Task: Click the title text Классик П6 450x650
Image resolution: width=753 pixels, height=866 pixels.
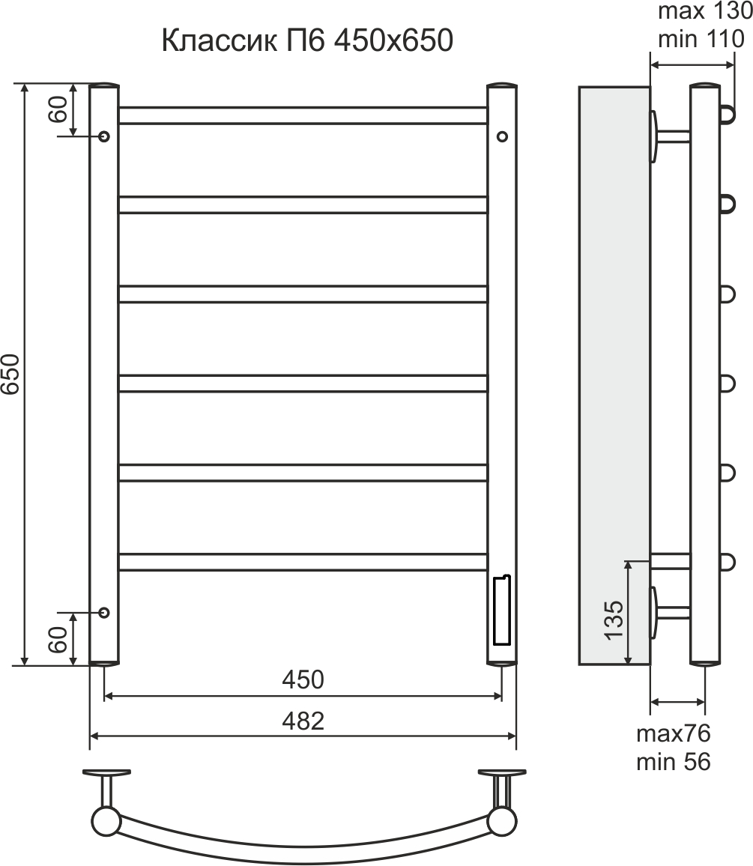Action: pyautogui.click(x=307, y=40)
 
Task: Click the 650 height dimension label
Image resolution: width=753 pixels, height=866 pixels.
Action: pyautogui.click(x=11, y=375)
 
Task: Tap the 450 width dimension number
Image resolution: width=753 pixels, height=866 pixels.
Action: pyautogui.click(x=303, y=679)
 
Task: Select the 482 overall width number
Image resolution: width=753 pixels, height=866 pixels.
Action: pyautogui.click(x=303, y=721)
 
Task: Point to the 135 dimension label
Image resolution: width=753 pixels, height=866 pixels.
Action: pyautogui.click(x=614, y=620)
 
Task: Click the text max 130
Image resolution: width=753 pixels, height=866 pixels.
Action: pyautogui.click(x=705, y=11)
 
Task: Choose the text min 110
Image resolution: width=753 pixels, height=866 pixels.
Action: pyautogui.click(x=701, y=39)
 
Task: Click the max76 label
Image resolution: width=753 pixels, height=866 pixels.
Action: pyautogui.click(x=674, y=733)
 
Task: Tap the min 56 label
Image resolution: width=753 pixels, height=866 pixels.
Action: pyautogui.click(x=674, y=762)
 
